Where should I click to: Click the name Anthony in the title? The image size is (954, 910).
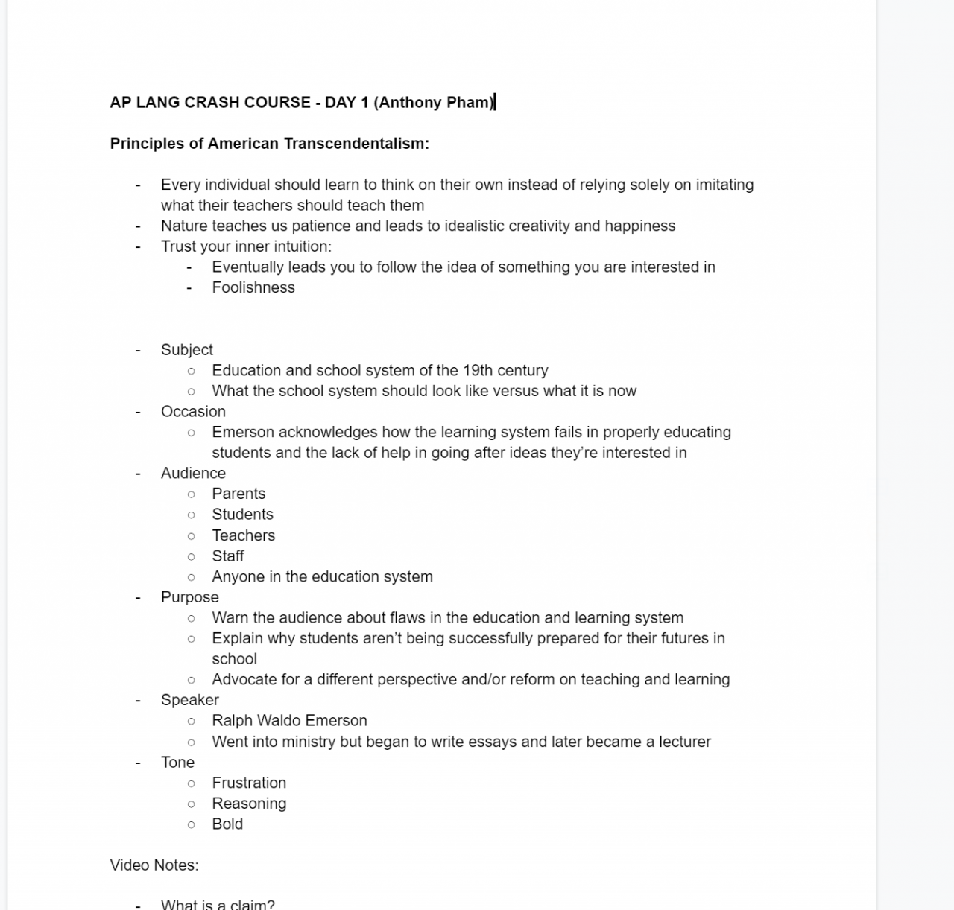tap(406, 103)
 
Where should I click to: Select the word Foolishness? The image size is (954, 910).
tap(253, 287)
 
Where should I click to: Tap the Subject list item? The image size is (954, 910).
tap(187, 350)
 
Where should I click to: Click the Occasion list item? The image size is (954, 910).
tap(193, 412)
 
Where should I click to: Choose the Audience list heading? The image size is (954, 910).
tap(193, 474)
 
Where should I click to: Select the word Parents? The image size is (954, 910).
tap(238, 494)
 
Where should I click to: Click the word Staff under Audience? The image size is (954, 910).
tap(228, 556)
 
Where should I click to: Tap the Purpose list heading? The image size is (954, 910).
tap(190, 597)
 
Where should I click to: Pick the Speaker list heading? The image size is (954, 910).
tap(190, 700)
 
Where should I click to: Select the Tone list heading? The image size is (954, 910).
tap(177, 763)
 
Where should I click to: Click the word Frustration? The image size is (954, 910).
tap(249, 783)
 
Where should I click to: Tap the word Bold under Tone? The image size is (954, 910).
tap(227, 824)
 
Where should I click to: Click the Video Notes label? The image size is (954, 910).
tap(154, 865)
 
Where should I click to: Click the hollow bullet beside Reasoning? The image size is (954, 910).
tap(192, 804)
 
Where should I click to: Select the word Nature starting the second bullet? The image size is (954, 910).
tap(184, 226)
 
